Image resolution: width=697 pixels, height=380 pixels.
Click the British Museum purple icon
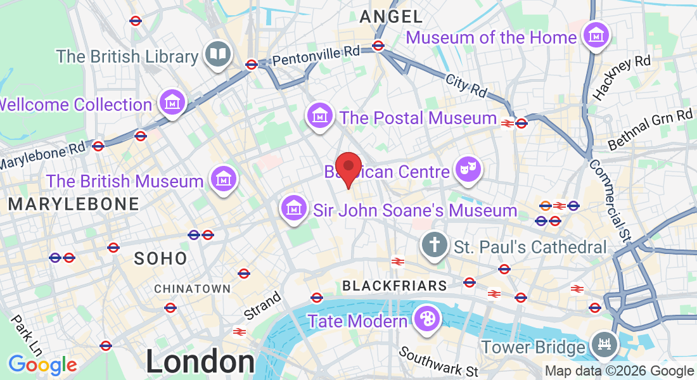[x=223, y=179]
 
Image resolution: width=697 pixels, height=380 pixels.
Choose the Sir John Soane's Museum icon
[x=294, y=208]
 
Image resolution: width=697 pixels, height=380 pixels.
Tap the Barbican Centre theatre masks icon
[x=468, y=169]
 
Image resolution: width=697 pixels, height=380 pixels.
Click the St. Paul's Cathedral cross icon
[x=434, y=244]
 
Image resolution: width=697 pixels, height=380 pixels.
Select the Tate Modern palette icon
[x=426, y=319]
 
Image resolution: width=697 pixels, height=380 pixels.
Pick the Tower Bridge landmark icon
[x=603, y=345]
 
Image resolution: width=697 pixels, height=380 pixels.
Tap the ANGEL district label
[x=391, y=16]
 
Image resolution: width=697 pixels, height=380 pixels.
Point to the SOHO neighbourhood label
[x=161, y=258]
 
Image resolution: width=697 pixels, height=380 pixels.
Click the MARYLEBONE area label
[x=74, y=204]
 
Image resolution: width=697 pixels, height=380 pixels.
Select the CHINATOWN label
[x=193, y=289]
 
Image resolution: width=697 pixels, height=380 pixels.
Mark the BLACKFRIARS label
[x=395, y=286]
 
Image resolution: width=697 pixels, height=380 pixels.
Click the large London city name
[x=200, y=362]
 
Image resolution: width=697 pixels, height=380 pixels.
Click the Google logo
[x=42, y=365]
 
